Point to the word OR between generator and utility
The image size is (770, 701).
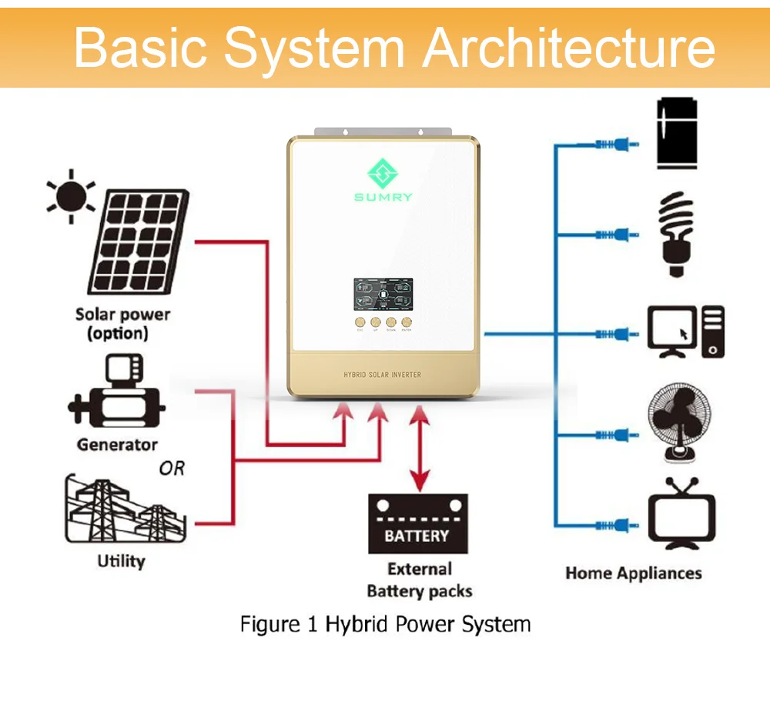pyautogui.click(x=172, y=468)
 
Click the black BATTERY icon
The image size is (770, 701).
pyautogui.click(x=418, y=524)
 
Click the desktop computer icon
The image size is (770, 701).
pyautogui.click(x=686, y=332)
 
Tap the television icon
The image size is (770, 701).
pyautogui.click(x=681, y=515)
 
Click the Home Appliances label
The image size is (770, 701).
pyautogui.click(x=633, y=573)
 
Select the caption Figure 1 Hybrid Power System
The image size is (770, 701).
pyautogui.click(x=385, y=623)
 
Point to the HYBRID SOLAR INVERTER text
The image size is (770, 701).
pyautogui.click(x=383, y=375)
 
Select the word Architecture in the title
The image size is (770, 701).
pyautogui.click(x=569, y=47)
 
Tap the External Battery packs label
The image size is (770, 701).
pyautogui.click(x=419, y=580)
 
